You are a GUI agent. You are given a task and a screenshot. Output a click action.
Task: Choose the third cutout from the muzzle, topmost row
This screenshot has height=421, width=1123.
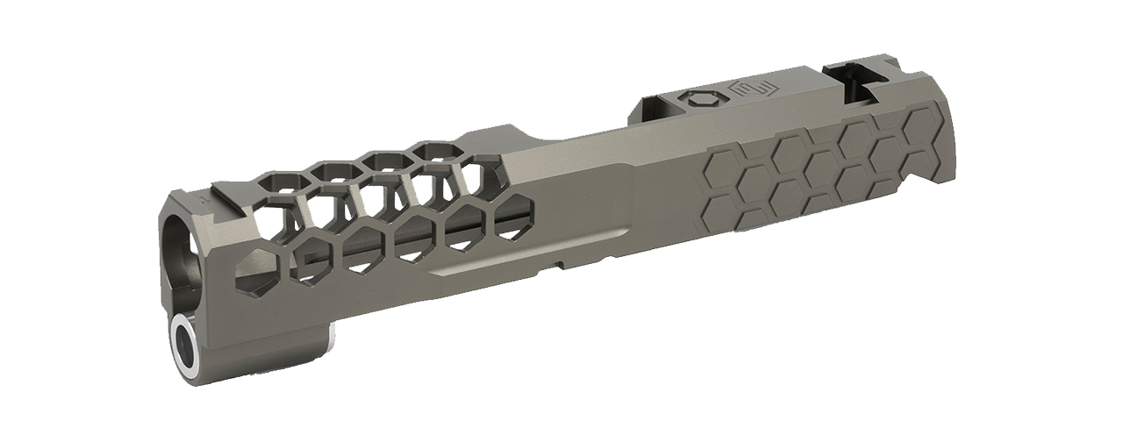tap(383, 161)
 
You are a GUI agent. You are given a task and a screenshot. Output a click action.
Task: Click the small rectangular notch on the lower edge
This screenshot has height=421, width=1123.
tap(554, 264)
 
